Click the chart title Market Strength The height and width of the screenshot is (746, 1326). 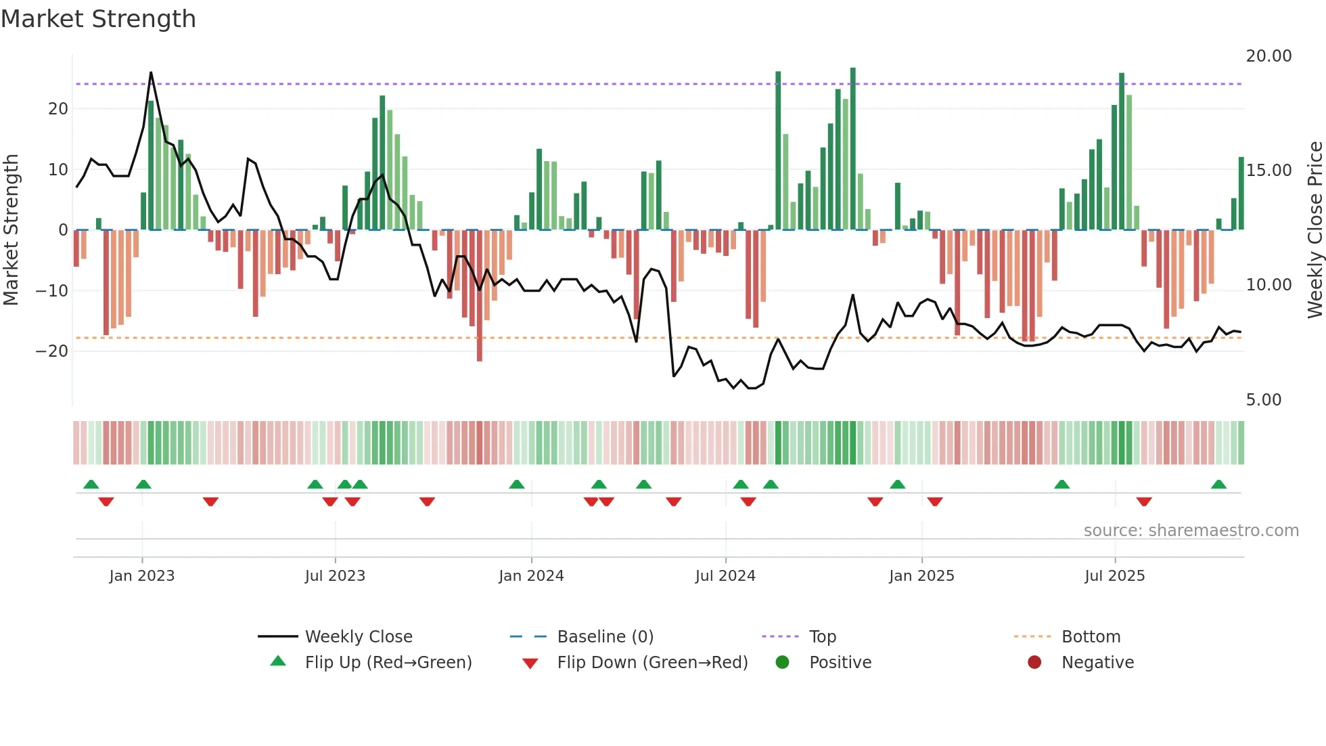(98, 19)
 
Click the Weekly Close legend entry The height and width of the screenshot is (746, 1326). (358, 636)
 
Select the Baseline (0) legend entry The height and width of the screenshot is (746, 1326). (605, 636)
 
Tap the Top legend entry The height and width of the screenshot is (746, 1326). (822, 636)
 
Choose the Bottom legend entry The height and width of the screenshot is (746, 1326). (1091, 636)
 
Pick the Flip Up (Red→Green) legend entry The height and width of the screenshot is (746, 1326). (388, 662)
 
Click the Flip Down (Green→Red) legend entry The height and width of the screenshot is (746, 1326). (652, 662)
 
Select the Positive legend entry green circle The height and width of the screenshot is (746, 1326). (783, 662)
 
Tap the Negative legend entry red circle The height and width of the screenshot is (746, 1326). (1034, 662)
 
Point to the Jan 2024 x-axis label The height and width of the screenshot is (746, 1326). (531, 575)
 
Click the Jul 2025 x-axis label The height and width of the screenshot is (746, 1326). (1114, 575)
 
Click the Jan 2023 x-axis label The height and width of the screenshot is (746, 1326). (142, 575)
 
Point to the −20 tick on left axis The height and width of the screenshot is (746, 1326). (52, 351)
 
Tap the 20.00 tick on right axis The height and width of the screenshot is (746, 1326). (1268, 56)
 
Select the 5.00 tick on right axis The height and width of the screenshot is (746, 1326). (1263, 399)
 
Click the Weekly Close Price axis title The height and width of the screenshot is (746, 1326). (1314, 230)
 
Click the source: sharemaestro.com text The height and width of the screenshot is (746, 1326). (1191, 530)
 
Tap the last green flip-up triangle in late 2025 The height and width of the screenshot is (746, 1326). (1218, 484)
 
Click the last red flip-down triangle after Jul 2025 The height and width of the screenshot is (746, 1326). (1144, 502)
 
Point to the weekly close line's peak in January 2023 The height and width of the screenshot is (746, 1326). (151, 72)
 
